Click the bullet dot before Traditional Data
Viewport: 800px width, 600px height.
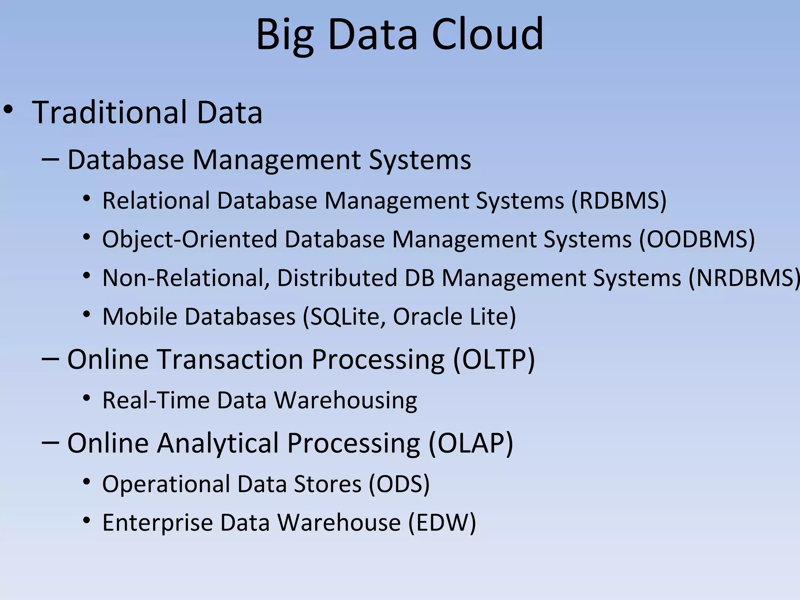coord(9,111)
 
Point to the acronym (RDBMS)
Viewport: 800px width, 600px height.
coord(619,201)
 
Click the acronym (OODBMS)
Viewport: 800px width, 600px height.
coord(697,239)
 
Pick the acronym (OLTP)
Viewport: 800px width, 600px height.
coord(494,359)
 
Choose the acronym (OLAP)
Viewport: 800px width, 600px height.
coord(471,443)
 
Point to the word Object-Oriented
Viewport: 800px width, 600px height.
coord(189,239)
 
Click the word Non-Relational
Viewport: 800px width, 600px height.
coord(186,278)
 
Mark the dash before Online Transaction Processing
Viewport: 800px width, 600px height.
coord(50,358)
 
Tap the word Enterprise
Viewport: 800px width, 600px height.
coord(157,523)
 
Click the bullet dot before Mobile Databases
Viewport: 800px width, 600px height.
coord(87,314)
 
